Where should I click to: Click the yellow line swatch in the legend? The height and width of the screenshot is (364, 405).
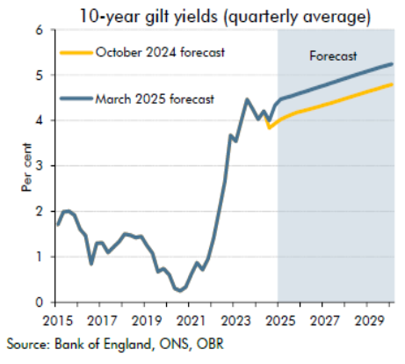click(76, 53)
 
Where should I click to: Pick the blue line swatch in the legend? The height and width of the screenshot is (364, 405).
click(76, 99)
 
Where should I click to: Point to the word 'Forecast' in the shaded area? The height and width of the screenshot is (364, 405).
click(334, 56)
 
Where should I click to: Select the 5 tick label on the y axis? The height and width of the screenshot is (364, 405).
click(39, 75)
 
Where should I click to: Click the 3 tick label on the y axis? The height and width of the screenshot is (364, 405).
click(39, 165)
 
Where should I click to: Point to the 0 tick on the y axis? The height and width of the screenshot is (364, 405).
click(39, 302)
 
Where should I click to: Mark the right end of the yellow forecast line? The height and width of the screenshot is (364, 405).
click(392, 84)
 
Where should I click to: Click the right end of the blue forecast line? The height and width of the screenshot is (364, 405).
click(392, 64)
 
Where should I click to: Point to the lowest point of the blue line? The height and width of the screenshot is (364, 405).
click(179, 290)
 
